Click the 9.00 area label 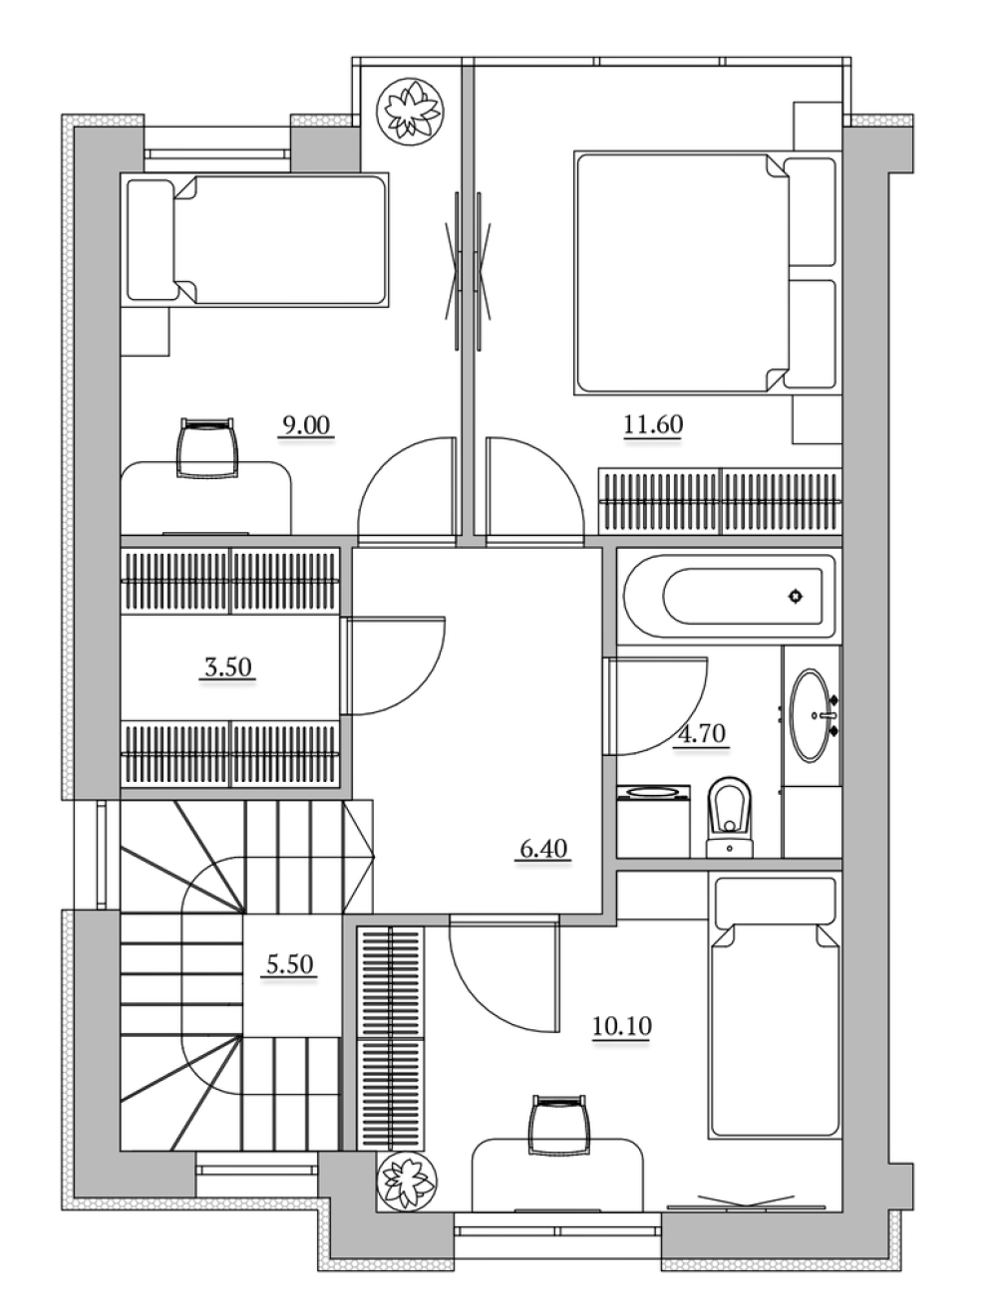coord(306,425)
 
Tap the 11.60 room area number coord(653,424)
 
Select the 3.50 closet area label coord(227,666)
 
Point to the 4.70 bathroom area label coord(701,733)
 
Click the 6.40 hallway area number coord(543,849)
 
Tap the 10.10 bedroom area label coord(622,1026)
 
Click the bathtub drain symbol coord(796,596)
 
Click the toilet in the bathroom coord(730,818)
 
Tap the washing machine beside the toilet coord(653,821)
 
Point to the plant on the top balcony coord(410,111)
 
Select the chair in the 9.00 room coord(206,447)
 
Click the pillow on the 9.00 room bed coord(151,239)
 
